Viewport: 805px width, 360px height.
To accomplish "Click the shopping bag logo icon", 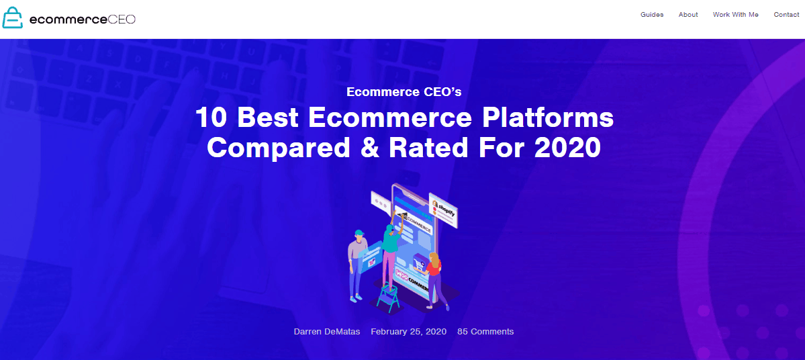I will [x=13, y=18].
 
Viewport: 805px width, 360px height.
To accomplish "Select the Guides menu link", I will [x=652, y=15].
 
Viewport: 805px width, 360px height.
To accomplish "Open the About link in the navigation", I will [x=688, y=15].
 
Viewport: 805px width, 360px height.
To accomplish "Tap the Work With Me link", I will [x=735, y=15].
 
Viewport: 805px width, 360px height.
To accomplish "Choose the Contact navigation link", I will [x=786, y=15].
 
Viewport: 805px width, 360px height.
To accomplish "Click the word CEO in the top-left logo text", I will [x=122, y=19].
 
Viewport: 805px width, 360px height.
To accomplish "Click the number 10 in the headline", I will [x=211, y=118].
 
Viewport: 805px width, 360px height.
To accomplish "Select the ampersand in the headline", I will [x=374, y=147].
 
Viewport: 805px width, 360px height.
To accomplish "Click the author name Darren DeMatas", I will [x=327, y=331].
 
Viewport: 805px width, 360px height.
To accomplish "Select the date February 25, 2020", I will [x=408, y=331].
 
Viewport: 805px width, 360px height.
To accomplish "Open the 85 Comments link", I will [x=485, y=331].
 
